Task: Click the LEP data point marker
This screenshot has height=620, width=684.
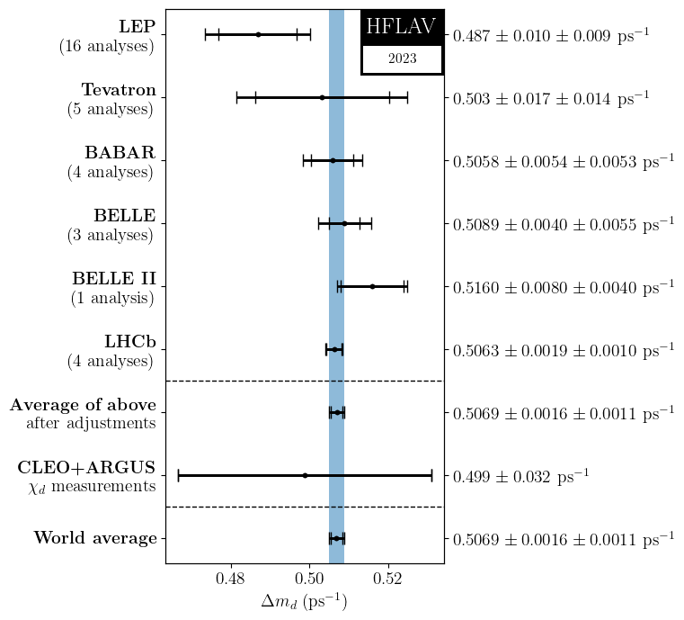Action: [x=258, y=34]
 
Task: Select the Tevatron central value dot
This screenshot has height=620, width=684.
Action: [x=322, y=97]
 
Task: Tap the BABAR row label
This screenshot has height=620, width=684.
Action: [x=120, y=152]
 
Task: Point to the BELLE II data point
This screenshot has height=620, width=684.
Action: [x=372, y=286]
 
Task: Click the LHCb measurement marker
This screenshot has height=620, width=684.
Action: [x=334, y=349]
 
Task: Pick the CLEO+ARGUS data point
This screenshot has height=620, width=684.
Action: [x=305, y=475]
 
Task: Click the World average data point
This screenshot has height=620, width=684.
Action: [x=336, y=538]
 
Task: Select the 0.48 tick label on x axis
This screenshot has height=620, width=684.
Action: [x=231, y=578]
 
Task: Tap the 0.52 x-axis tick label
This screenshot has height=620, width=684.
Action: [x=387, y=578]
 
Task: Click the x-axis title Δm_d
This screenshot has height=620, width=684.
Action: [x=304, y=602]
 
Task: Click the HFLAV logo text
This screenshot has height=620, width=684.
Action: [x=401, y=26]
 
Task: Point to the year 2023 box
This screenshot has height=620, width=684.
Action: [x=402, y=58]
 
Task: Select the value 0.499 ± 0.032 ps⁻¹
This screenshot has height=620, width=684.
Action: [x=520, y=475]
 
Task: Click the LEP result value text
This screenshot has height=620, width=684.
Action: [x=551, y=34]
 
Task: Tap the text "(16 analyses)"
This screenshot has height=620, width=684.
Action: [x=107, y=46]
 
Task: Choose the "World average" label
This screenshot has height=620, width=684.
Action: [x=95, y=538]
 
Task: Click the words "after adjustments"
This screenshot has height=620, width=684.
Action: [x=91, y=423]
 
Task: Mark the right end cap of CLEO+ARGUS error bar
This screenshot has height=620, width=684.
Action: [x=431, y=475]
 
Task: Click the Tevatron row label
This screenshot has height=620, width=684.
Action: [x=119, y=89]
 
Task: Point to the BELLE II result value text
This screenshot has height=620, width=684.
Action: [x=564, y=287]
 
